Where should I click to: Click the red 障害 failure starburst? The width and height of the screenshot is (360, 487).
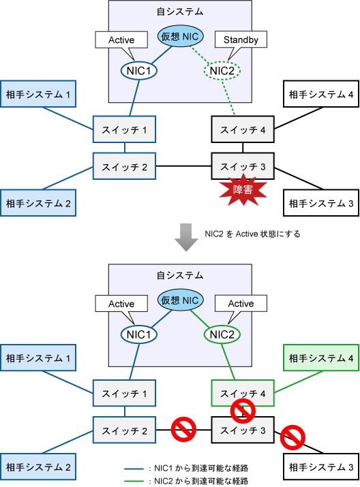[243, 189]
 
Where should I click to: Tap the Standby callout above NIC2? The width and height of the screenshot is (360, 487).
[241, 40]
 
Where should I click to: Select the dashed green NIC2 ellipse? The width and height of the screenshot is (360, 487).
[222, 71]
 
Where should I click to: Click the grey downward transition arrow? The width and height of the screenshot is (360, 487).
[186, 237]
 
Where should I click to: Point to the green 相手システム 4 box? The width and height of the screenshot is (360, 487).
[321, 358]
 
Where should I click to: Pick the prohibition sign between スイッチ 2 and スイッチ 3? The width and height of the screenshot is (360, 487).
[183, 429]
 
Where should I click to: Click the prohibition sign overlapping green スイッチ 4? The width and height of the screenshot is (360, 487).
[243, 411]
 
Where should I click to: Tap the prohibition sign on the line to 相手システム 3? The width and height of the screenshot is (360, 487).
[292, 437]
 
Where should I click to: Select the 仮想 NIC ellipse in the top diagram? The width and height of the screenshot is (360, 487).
[180, 36]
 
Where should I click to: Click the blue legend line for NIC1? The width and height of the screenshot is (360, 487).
[134, 469]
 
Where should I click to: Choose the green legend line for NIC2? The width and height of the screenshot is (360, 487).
[134, 482]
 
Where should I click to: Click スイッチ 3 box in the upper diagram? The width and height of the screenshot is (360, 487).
[243, 166]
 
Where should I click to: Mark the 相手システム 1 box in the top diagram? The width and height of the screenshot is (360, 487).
[38, 94]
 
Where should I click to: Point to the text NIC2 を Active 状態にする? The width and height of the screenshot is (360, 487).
[252, 234]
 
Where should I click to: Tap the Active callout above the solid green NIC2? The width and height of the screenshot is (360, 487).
[241, 304]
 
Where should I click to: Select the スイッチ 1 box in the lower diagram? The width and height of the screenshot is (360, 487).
[124, 393]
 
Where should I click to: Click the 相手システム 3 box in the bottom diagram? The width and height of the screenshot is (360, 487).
[321, 467]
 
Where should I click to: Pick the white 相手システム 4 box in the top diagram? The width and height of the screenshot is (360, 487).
[321, 94]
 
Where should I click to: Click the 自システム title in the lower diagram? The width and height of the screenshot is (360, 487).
[180, 275]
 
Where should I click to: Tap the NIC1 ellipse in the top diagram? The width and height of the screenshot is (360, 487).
[138, 71]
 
